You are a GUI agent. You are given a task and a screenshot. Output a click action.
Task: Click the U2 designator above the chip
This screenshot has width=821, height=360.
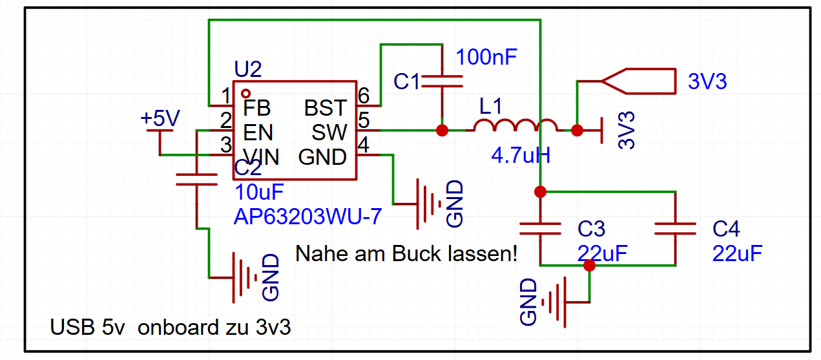point(247,70)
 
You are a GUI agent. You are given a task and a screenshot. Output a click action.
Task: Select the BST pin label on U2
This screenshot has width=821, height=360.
point(326,107)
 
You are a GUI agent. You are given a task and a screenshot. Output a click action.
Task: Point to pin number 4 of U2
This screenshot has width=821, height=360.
point(364,145)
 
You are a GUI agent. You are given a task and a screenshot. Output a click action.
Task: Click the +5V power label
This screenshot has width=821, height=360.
point(160,118)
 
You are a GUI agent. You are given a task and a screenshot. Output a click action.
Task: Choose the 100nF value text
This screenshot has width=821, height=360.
point(486,58)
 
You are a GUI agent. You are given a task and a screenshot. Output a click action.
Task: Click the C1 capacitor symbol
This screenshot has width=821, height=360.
point(442,81)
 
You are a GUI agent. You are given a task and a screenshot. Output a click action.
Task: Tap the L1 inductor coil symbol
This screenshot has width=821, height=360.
point(515,125)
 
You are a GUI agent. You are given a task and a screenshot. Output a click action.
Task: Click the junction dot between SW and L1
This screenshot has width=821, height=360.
point(442,131)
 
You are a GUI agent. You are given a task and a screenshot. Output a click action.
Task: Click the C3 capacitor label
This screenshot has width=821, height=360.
point(591,229)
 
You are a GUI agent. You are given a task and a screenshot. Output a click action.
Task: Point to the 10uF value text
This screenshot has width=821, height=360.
point(260,193)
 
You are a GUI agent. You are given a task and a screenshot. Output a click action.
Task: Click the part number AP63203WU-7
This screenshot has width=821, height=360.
point(307,217)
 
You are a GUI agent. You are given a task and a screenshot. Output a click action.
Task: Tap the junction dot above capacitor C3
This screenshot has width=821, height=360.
point(541,192)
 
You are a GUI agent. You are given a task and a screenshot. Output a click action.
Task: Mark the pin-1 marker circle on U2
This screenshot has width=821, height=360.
point(245,94)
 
